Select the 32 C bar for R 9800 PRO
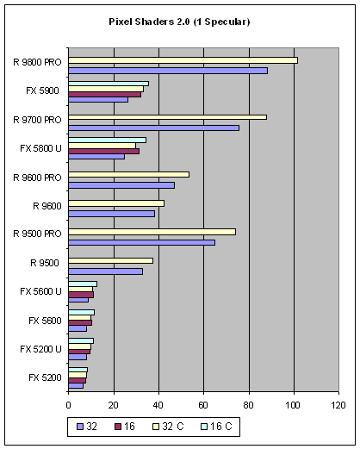183,60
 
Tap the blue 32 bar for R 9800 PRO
168,71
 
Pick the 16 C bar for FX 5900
109,84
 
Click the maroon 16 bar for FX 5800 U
104,151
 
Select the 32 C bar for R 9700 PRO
168,117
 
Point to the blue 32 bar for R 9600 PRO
121,185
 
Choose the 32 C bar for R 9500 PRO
152,232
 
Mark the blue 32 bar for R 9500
106,271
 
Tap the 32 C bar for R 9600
116,203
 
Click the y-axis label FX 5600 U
40,291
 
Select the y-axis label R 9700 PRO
37,120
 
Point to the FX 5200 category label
45,377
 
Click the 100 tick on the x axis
294,405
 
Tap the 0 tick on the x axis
68,405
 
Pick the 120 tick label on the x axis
338,405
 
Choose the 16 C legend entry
217,427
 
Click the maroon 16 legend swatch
118,427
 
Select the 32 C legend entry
168,427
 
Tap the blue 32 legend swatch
80,427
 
